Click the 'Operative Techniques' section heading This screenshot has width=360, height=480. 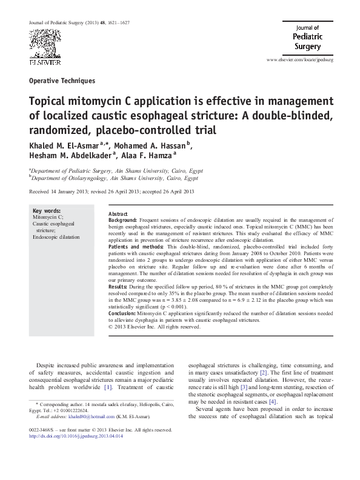(x=62, y=80)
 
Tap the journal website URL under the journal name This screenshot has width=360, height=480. (x=300, y=61)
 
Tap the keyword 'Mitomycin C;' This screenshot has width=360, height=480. (x=47, y=217)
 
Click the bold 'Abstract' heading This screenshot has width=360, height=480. (x=118, y=215)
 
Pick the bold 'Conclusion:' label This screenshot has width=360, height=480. (x=123, y=314)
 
